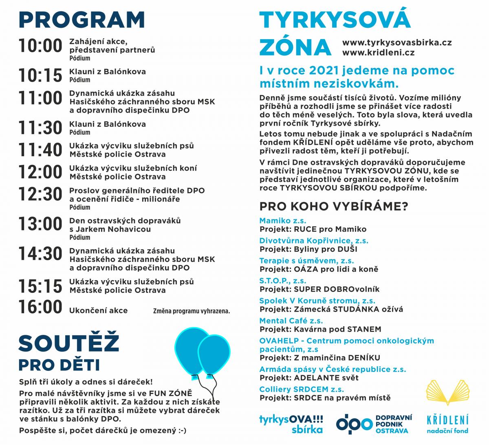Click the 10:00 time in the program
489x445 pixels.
point(40,46)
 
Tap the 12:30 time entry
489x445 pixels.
point(40,194)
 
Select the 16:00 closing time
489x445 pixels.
point(40,307)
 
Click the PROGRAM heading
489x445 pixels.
point(81,20)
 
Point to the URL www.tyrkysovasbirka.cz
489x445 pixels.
point(397,42)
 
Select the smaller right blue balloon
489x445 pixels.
point(214,354)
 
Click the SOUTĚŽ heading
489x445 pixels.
point(68,343)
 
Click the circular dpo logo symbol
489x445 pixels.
point(348,424)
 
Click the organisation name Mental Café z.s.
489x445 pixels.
point(291,321)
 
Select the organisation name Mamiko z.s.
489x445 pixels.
point(282,221)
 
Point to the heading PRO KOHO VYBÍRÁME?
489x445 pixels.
point(334,206)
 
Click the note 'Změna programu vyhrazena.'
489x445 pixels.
point(192,311)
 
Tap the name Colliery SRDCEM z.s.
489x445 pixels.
point(302,389)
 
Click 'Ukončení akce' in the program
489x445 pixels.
point(98,311)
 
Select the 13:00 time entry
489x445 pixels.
point(40,224)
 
